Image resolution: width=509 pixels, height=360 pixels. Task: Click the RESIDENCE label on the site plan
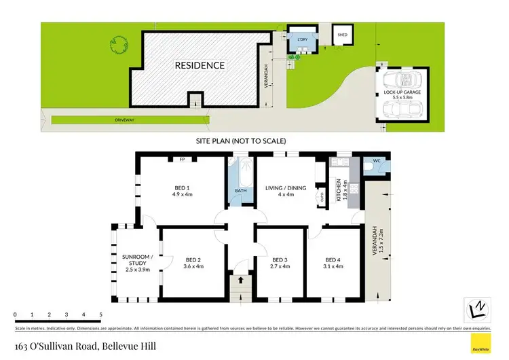200,66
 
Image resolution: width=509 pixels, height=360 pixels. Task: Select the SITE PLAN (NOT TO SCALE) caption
241,141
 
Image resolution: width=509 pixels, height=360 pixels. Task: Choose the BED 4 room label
333,259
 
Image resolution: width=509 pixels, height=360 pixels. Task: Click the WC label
377,163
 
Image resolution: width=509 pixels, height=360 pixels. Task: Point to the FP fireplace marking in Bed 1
182,160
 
